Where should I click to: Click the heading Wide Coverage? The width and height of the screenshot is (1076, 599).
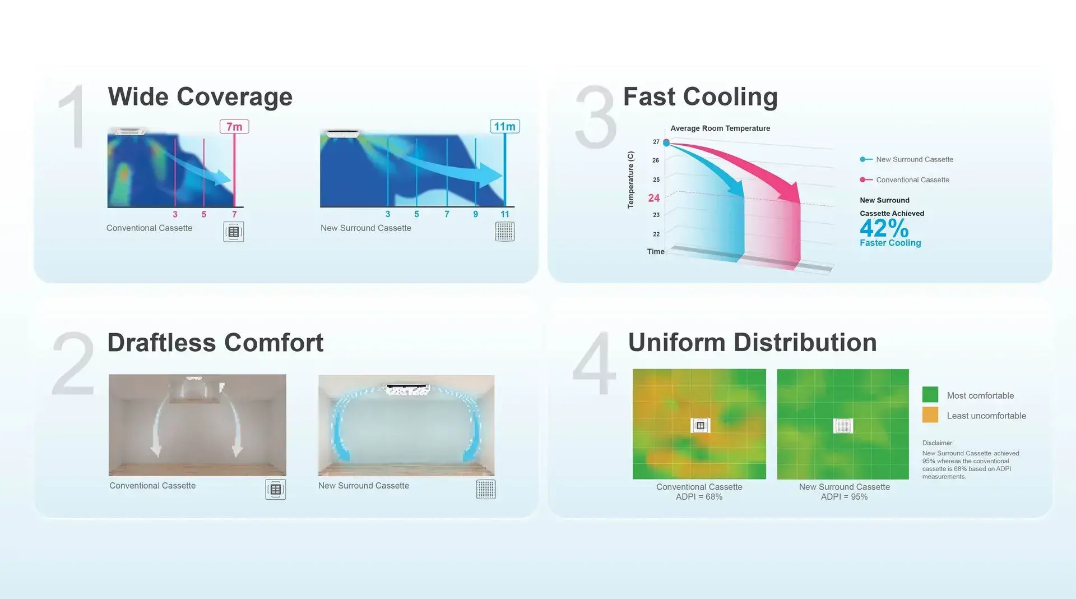(x=200, y=97)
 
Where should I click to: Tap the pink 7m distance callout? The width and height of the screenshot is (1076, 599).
(x=234, y=127)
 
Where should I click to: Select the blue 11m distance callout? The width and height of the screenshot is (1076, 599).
(x=504, y=127)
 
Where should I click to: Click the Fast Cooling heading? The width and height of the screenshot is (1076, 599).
(x=701, y=97)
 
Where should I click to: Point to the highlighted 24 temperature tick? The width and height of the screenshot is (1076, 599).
(x=654, y=198)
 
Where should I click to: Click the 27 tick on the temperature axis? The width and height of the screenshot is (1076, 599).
(x=656, y=142)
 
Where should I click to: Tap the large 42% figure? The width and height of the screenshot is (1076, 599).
(x=884, y=228)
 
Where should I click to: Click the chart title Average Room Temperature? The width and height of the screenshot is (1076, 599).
(x=720, y=128)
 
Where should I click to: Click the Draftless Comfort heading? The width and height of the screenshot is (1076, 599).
(x=215, y=343)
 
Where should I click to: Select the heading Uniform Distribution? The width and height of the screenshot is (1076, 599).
(x=752, y=343)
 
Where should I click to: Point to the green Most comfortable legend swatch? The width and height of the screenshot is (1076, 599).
(x=930, y=394)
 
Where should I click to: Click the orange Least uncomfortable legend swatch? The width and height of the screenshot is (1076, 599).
(x=930, y=415)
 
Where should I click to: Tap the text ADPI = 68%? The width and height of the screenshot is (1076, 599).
(x=699, y=497)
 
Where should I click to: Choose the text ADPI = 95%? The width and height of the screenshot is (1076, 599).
(x=844, y=497)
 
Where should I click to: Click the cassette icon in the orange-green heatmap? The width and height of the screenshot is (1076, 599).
(x=700, y=426)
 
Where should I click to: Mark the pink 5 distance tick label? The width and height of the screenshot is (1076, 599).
(x=204, y=215)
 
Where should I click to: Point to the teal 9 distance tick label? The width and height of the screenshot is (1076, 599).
(x=476, y=214)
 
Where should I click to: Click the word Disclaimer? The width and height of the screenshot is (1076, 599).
(x=938, y=443)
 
